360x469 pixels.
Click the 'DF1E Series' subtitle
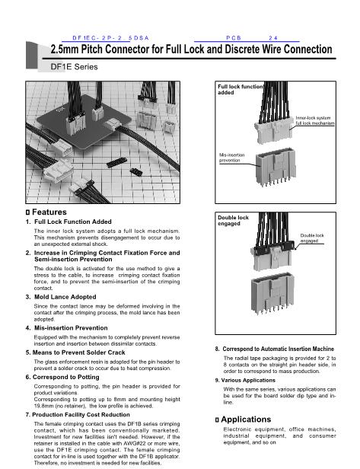74,67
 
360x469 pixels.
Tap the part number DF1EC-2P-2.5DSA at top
110,38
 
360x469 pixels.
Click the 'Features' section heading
49,212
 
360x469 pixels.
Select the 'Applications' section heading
246,420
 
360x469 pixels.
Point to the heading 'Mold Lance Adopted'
65,297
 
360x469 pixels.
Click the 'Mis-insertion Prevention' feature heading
71,328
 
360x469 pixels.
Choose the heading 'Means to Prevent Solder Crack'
78,353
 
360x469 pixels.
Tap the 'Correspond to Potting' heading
65,377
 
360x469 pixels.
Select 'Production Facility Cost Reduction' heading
81,415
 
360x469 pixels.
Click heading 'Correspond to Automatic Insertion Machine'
278,349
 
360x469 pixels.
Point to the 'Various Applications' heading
248,381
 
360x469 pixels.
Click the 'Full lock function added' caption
240,89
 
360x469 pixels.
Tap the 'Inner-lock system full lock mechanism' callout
315,120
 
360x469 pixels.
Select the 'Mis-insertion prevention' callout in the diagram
231,158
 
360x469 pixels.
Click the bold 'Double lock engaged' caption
233,221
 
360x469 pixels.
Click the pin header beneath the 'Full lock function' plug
276,167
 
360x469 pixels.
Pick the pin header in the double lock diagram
272,292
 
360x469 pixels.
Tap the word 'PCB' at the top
234,38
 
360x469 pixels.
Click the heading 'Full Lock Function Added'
73,222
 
